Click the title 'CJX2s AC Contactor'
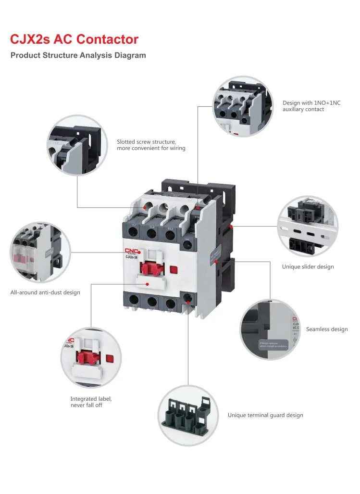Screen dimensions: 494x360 click(74, 39)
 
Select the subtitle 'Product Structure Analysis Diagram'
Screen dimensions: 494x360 click(78, 55)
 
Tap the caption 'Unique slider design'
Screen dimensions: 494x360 click(308, 266)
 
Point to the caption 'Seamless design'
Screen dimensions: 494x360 click(326, 329)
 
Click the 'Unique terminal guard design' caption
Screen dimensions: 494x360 click(265, 415)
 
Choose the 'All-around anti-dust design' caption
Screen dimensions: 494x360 click(45, 292)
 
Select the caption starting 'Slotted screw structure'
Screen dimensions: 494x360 click(151, 145)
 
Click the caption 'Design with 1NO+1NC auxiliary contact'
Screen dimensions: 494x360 click(311, 106)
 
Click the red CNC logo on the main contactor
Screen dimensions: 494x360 click(132, 251)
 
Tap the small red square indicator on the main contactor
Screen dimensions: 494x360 click(174, 270)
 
